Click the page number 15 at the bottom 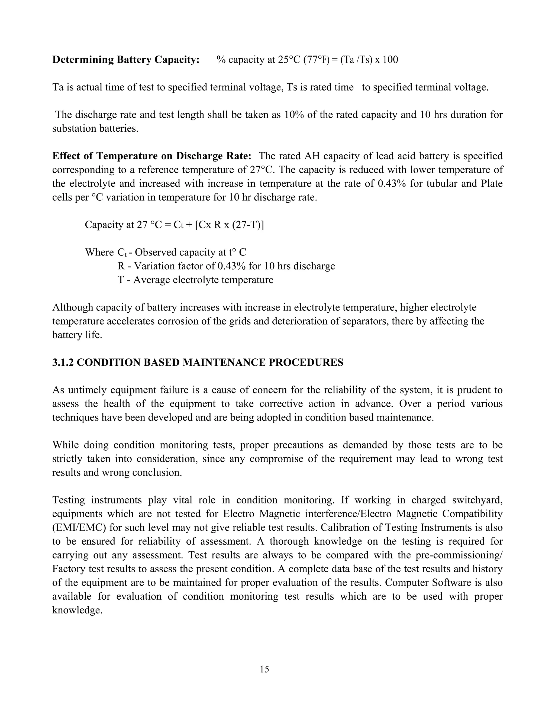264,669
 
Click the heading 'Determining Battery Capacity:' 126,60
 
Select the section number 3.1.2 63,362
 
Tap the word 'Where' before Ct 99,253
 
